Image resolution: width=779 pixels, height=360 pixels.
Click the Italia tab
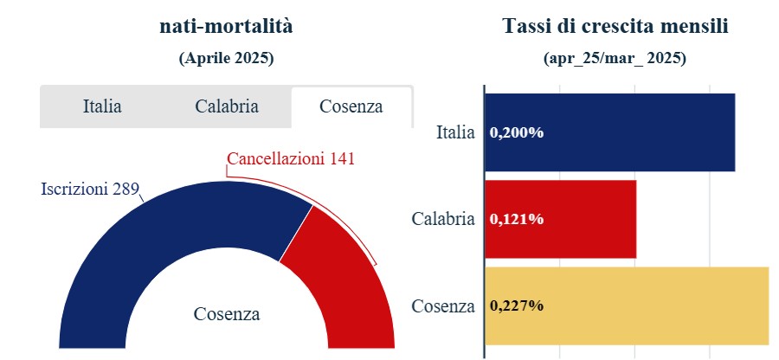[x=102, y=107]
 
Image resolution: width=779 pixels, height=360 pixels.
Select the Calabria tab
[x=227, y=107]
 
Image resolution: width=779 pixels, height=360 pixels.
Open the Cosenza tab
[x=351, y=107]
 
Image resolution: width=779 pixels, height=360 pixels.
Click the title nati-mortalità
[x=227, y=27]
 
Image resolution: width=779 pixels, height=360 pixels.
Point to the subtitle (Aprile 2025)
[x=227, y=59]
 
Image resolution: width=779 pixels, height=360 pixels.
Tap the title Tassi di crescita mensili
[x=615, y=27]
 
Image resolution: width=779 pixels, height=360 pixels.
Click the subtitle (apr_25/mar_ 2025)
[x=615, y=59]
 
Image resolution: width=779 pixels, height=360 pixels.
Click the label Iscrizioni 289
[x=90, y=190]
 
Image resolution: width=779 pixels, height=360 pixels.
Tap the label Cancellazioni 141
[x=291, y=159]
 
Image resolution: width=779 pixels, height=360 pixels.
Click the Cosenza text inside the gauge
[x=227, y=314]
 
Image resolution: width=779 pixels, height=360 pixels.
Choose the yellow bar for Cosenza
[x=658, y=305]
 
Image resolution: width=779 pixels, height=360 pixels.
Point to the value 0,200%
[x=517, y=133]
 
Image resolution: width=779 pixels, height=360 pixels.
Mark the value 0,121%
[x=517, y=220]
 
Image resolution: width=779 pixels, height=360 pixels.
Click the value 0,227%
[x=517, y=306]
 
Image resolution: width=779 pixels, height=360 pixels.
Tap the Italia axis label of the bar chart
[x=455, y=132]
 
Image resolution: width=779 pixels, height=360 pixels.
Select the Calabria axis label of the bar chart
[x=443, y=219]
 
